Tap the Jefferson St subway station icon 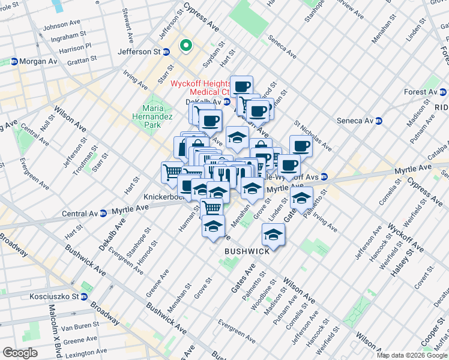click(x=166, y=52)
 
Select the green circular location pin click(x=186, y=44)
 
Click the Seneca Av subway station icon click(x=379, y=121)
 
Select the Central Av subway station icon click(x=104, y=212)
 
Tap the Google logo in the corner click(x=20, y=353)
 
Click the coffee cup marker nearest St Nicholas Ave click(x=301, y=145)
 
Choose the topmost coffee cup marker click(x=243, y=86)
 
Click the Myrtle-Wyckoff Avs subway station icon click(x=324, y=176)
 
